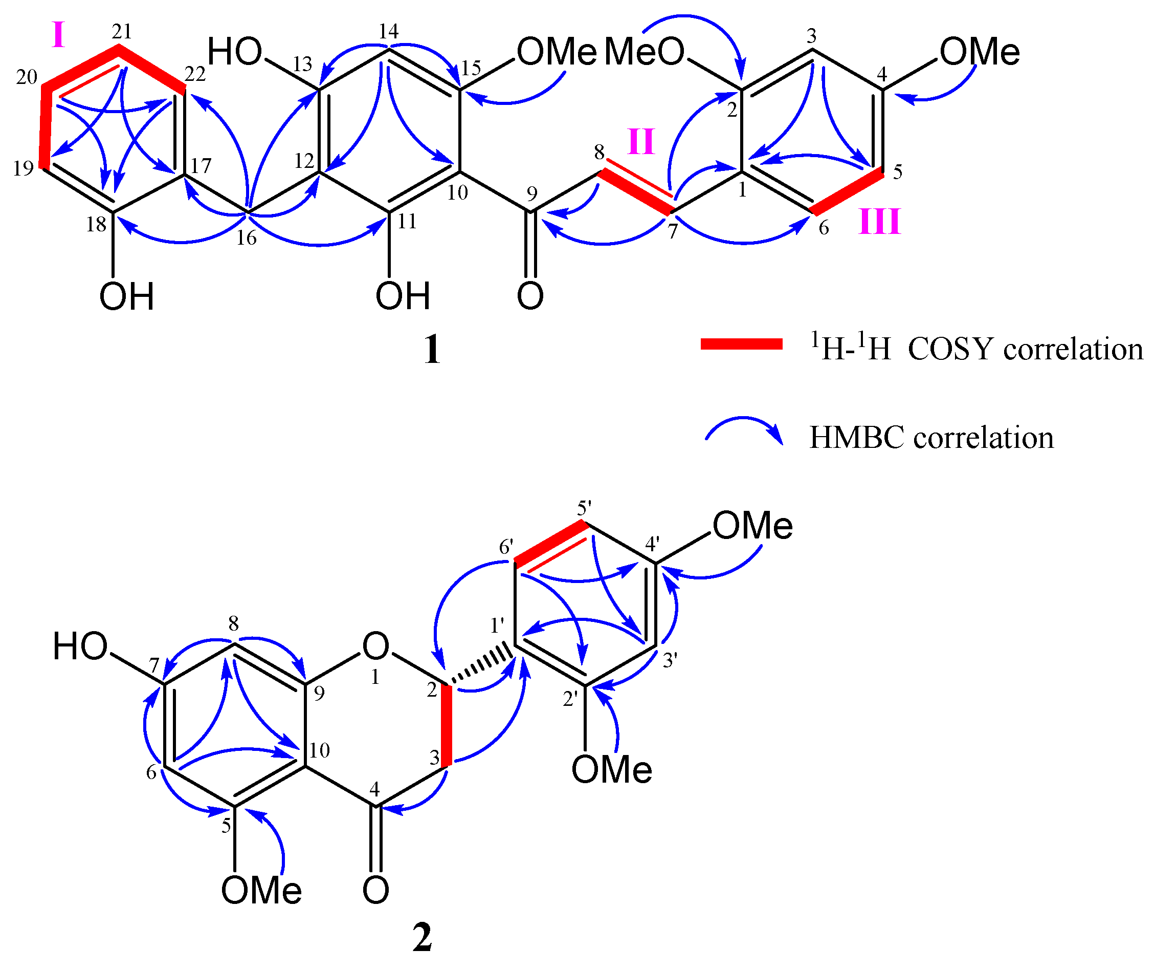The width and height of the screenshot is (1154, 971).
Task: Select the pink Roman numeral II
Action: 641,141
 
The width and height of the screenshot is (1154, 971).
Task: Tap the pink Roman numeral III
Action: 879,222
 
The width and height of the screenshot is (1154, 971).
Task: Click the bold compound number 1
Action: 432,350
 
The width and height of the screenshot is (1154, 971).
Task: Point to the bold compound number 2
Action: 422,937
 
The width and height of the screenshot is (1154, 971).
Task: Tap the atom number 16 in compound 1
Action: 247,238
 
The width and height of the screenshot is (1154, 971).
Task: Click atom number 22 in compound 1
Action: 195,74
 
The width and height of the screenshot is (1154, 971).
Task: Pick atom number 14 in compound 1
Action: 388,31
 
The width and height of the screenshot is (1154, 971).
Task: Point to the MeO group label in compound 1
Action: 644,52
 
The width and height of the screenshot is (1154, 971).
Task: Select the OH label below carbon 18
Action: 126,297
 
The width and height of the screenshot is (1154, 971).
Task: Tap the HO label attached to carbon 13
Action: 234,52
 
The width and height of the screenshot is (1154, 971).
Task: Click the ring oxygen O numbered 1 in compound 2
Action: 375,645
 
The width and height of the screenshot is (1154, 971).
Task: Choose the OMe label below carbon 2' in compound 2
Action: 612,769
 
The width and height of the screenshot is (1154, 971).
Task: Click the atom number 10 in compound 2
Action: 319,750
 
